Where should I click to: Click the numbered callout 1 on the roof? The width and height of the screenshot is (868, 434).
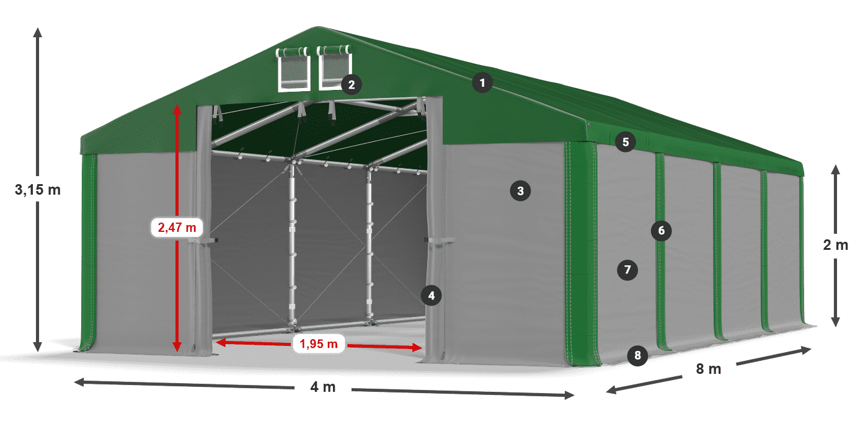point(482,82)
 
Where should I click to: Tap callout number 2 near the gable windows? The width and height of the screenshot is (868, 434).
point(352,84)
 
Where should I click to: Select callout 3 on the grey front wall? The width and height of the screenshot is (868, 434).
point(520,191)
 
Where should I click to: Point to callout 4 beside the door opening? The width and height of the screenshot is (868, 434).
point(432,296)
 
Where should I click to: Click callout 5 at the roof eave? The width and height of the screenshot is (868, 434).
point(626,142)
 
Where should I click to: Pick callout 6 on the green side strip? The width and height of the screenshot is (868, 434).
point(661,231)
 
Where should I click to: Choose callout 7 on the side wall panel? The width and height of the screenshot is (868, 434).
point(627,270)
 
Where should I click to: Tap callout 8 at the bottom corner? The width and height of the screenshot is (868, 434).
point(637,355)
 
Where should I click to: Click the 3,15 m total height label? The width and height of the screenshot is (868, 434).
point(38,190)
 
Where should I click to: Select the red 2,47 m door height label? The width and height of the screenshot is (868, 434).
point(177,228)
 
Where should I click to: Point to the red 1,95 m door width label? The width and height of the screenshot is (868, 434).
point(319,343)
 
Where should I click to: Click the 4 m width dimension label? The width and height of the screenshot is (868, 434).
point(323,387)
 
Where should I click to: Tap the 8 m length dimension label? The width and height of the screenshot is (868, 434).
point(708,369)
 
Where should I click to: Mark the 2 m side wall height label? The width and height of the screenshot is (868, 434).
point(836,245)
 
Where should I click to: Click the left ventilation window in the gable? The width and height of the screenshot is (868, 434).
point(293,69)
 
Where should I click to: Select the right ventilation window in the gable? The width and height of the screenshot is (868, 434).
point(334,68)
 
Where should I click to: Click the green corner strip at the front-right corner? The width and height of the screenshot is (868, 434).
point(582,254)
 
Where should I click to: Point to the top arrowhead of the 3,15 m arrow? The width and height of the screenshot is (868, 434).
point(38,32)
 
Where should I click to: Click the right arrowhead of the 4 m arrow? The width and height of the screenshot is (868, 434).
point(569,395)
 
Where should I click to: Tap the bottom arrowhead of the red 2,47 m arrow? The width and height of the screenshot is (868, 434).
point(177,347)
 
